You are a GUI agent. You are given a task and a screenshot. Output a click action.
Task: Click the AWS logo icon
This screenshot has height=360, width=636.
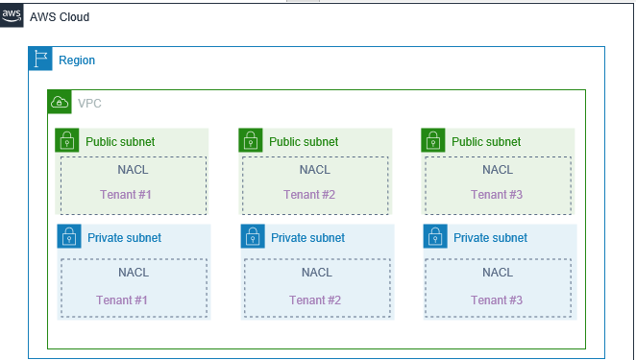(12, 18)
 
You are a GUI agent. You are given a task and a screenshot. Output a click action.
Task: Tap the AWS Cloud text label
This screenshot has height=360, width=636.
(60, 18)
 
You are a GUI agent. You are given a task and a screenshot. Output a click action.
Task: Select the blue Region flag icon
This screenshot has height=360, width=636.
(40, 60)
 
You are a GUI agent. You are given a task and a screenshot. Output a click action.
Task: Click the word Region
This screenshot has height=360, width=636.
(77, 60)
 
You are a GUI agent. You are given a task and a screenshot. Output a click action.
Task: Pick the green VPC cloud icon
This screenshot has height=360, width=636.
(60, 103)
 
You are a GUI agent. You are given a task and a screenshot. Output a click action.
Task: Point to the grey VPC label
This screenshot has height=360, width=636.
(89, 103)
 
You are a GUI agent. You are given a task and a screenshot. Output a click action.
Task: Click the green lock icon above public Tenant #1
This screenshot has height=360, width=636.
(67, 141)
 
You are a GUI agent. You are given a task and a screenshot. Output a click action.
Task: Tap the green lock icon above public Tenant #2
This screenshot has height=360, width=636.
(251, 141)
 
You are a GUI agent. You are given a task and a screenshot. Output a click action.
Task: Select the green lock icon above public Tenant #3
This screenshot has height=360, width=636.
(433, 141)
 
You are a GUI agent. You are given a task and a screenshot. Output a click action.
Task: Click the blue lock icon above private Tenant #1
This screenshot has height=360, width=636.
(69, 237)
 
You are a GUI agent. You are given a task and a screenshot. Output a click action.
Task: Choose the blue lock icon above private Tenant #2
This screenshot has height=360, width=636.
(253, 237)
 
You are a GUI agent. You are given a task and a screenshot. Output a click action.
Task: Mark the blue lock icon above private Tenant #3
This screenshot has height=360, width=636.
(435, 237)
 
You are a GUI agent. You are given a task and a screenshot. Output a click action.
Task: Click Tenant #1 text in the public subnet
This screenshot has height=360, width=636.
(126, 195)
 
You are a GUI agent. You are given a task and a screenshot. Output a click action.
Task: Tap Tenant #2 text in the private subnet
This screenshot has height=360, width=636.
(315, 300)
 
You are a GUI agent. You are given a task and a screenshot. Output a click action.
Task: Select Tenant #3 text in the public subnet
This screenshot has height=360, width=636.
(497, 195)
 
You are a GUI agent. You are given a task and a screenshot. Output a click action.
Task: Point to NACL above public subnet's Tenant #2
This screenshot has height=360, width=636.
(315, 170)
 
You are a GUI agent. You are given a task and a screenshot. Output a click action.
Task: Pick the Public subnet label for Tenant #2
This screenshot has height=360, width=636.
(304, 141)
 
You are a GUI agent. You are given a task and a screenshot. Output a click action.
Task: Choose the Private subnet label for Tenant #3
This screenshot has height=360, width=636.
(490, 237)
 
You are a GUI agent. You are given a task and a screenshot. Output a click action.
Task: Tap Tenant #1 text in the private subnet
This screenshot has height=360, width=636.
(122, 300)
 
